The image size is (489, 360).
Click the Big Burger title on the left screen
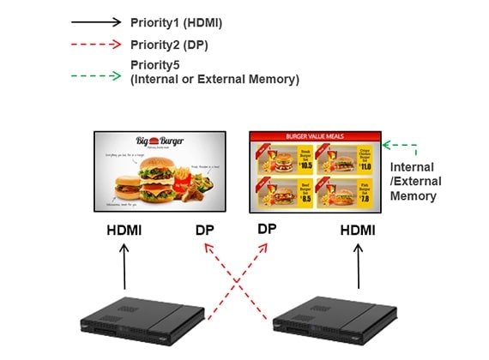pyautogui.click(x=160, y=143)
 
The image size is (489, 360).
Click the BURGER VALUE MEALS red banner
pyautogui.click(x=315, y=135)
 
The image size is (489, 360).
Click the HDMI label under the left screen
pyautogui.click(x=125, y=230)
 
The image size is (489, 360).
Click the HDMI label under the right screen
pyautogui.click(x=359, y=230)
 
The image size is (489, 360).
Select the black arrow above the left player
pyautogui.click(x=125, y=266)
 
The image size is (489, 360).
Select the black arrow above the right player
pyautogui.click(x=359, y=266)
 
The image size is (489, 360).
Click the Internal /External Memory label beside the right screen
pyautogui.click(x=416, y=182)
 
